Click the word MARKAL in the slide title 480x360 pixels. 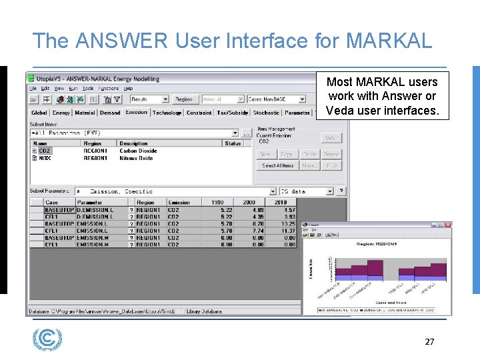(389, 41)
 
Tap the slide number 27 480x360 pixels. (429, 342)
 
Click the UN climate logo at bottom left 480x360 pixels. (47, 339)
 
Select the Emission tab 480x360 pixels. (137, 113)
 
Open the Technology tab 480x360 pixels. (167, 113)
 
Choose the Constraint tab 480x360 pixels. (199, 113)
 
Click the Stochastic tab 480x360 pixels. (266, 113)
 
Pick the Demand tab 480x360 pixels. (110, 113)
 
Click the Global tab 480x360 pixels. (39, 113)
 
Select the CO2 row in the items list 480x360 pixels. (45, 151)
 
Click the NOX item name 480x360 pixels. (45, 158)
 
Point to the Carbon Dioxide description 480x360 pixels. (138, 151)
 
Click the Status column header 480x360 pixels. (233, 143)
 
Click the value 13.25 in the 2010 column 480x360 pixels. (288, 223)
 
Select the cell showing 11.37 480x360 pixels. (288, 231)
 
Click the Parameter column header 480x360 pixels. (90, 202)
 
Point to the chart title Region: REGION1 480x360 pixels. (377, 245)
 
